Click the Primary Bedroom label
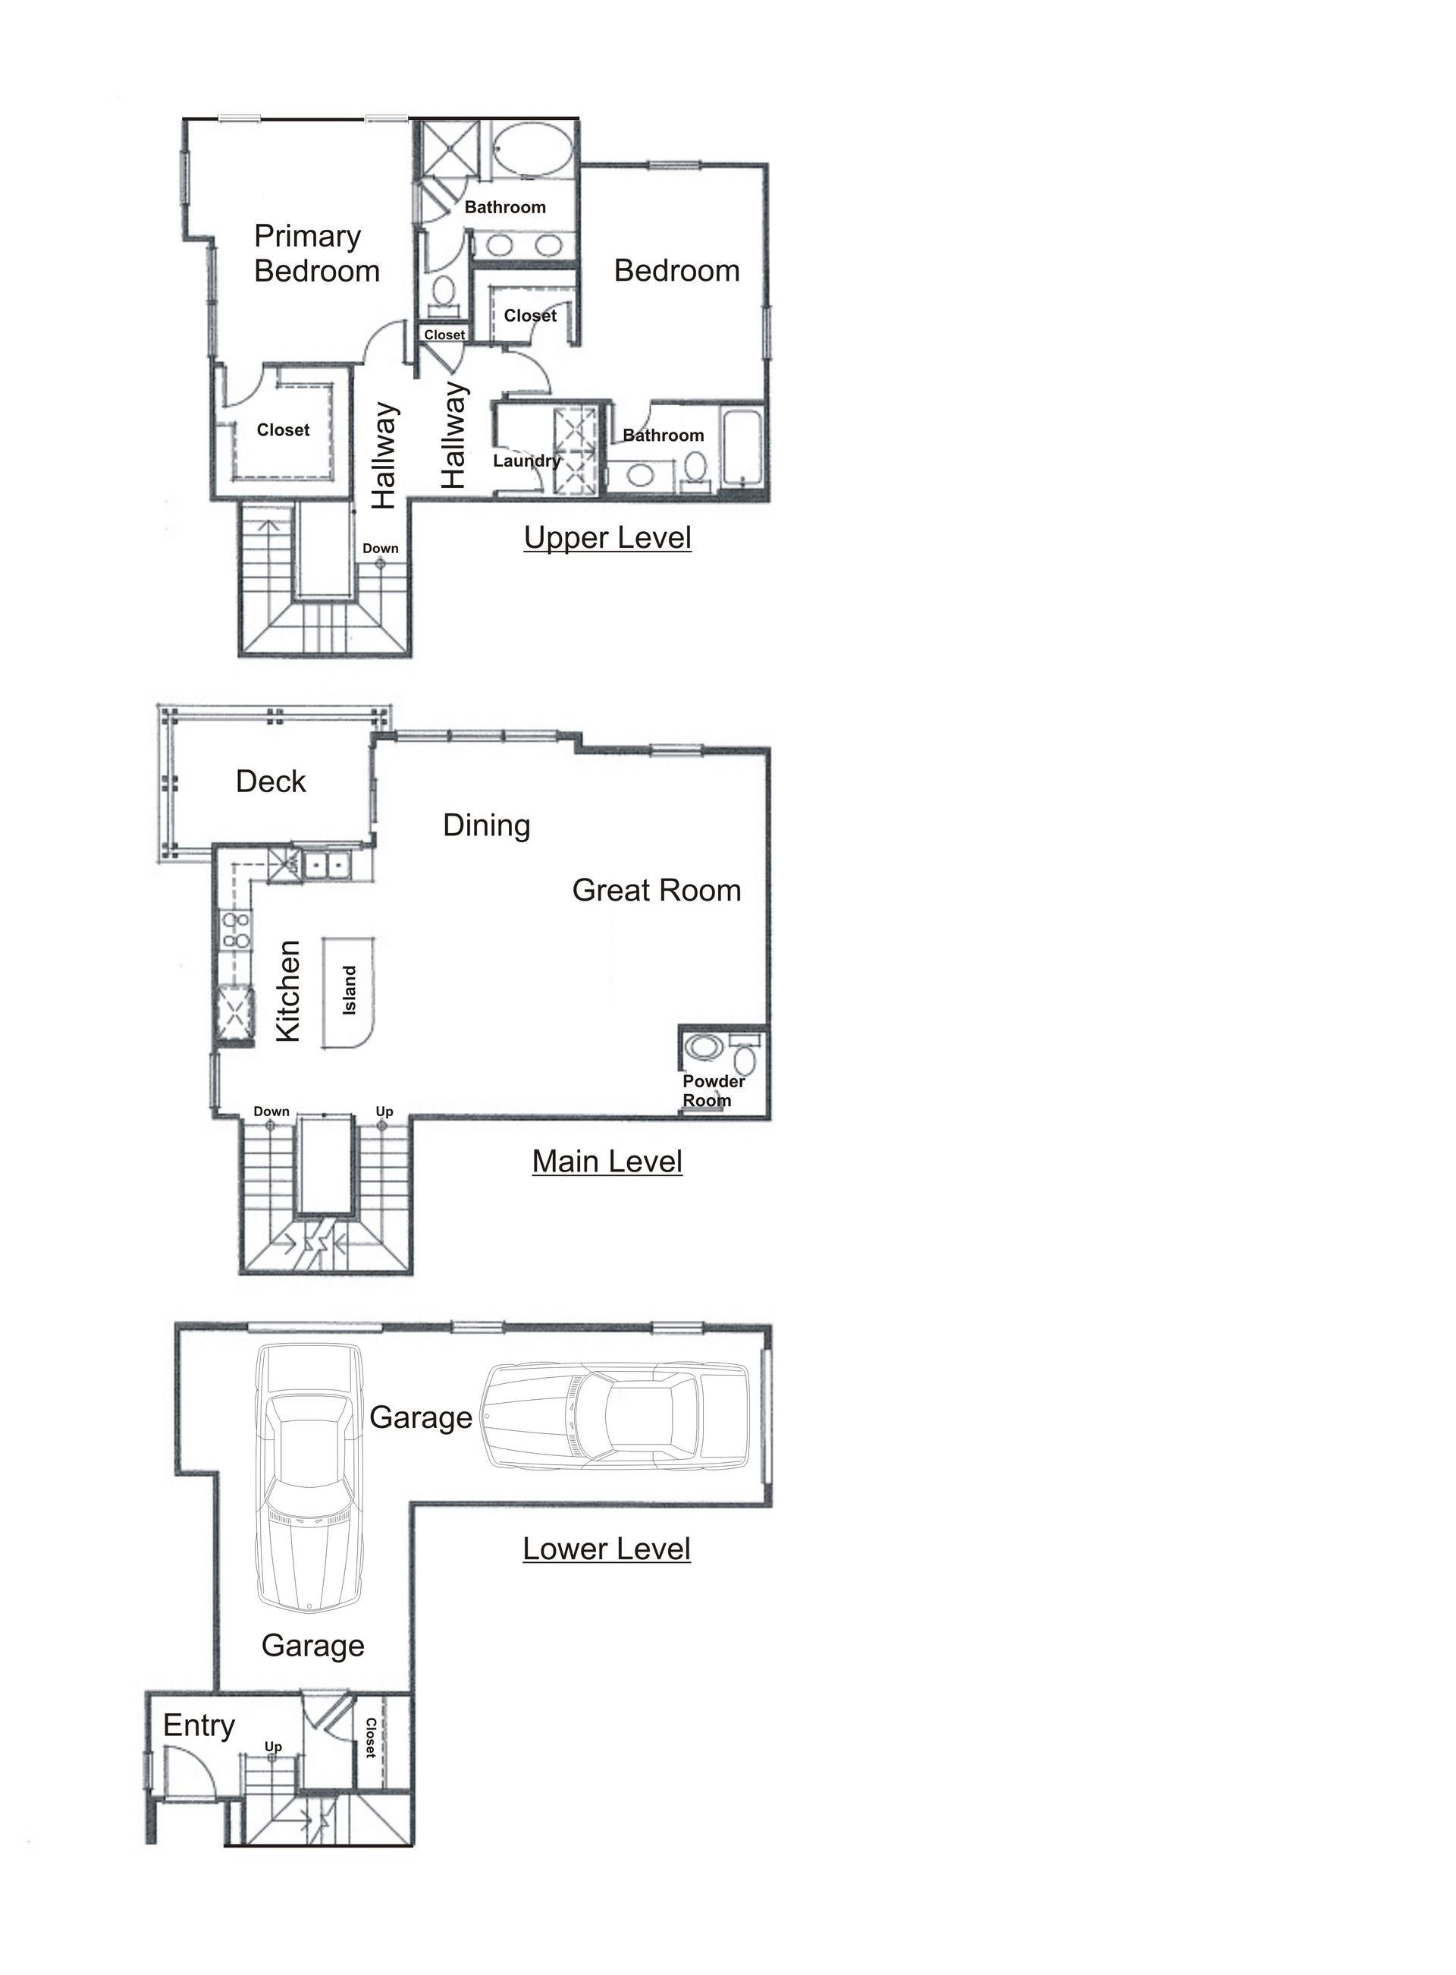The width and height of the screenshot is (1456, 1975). [x=316, y=253]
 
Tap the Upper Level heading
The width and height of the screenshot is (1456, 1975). [x=607, y=537]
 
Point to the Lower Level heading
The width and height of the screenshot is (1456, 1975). [x=607, y=1549]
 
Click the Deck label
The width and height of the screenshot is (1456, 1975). [x=271, y=782]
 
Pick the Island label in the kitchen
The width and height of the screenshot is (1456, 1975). [x=350, y=990]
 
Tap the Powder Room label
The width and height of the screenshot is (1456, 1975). [x=713, y=1090]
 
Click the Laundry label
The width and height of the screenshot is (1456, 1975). [x=527, y=461]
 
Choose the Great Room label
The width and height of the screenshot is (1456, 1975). [x=657, y=891]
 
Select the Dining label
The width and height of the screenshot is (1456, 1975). [x=487, y=826]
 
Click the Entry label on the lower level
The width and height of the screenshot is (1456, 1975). [x=199, y=1725]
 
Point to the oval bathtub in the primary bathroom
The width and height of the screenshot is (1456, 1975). [x=531, y=151]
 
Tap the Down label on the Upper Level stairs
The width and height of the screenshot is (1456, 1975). [x=381, y=549]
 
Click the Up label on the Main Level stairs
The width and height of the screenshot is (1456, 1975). [x=384, y=1111]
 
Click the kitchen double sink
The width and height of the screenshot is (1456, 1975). [x=326, y=864]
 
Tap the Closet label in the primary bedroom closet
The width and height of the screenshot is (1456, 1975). [x=283, y=430]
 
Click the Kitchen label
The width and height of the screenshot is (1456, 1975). [x=289, y=992]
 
